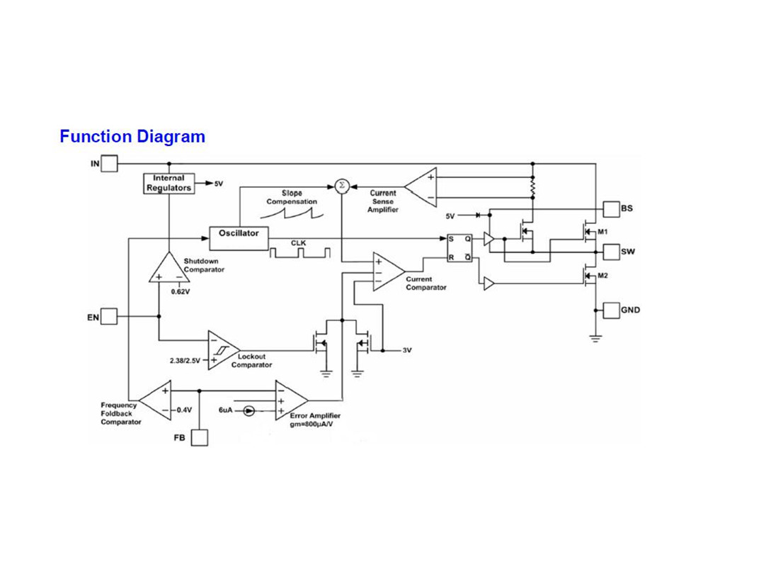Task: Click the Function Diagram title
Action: pos(132,137)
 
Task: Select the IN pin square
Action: pos(110,164)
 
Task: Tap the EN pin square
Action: pos(109,317)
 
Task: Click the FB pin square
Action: pos(200,437)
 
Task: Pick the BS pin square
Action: pos(611,209)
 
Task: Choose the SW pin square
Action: pos(611,252)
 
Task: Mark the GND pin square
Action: pos(611,310)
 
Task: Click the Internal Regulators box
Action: pos(169,184)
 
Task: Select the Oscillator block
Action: pos(239,238)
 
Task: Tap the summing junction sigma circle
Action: pos(342,186)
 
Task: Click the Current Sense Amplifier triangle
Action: pos(421,188)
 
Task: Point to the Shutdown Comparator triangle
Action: pos(169,267)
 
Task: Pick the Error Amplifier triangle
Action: pos(292,400)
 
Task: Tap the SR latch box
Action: pos(460,248)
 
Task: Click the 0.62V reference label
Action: pos(181,292)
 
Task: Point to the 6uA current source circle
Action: pos(249,411)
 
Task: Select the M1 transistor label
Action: pos(603,232)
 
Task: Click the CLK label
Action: pos(298,243)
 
